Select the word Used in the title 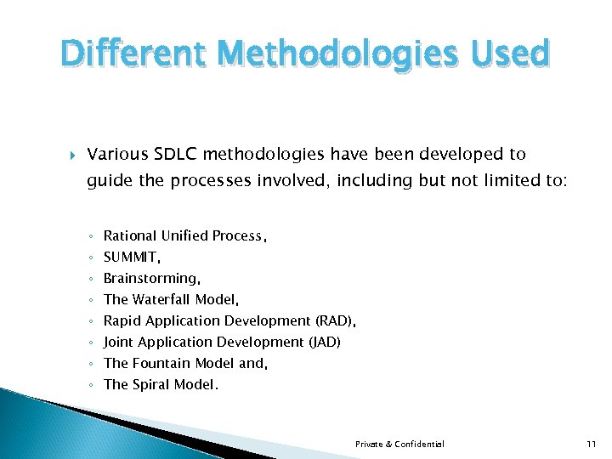coord(508,54)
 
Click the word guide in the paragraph coord(106,181)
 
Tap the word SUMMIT coord(130,257)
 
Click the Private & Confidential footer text coord(399,445)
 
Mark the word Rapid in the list coord(122,321)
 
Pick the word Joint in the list coord(119,342)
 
